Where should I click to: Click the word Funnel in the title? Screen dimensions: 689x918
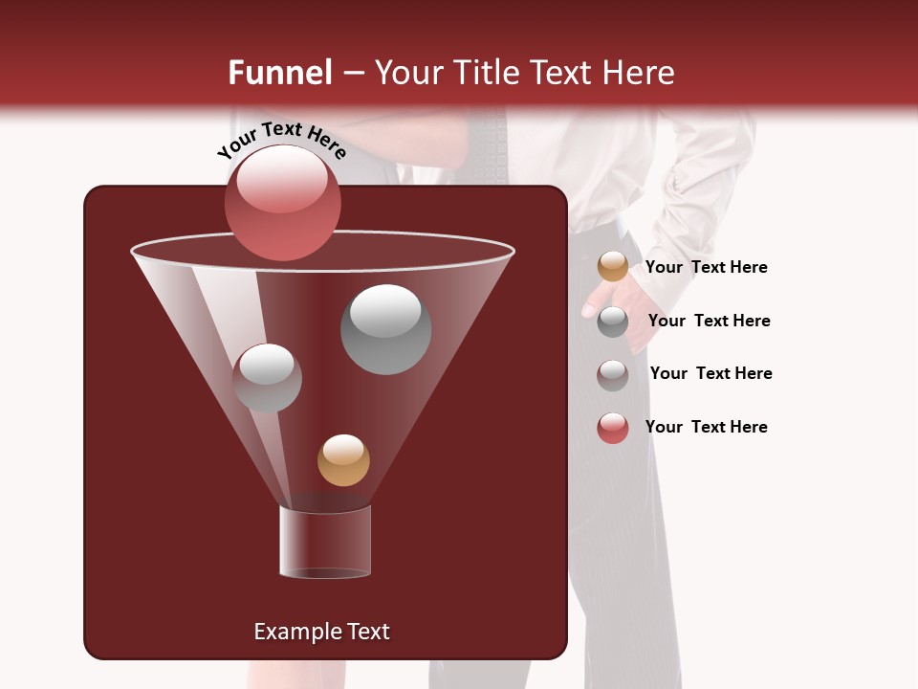point(279,73)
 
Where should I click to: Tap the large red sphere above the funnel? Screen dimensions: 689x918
point(282,202)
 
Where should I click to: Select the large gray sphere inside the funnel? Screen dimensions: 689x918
point(386,329)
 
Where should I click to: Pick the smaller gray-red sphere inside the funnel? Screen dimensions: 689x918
point(267,378)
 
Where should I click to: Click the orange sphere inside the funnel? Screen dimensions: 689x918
point(343,460)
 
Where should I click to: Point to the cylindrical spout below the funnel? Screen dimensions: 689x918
point(325,542)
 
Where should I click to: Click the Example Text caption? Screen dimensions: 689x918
point(321,632)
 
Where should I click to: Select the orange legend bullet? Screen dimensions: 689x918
point(613,267)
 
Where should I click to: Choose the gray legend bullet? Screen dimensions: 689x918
point(613,322)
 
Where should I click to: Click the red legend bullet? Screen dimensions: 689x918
point(613,428)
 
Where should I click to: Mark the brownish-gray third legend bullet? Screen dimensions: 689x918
point(613,374)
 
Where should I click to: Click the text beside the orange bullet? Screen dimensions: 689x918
point(706,267)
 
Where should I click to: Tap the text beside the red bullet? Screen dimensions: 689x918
point(706,427)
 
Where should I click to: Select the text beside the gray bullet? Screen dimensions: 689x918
point(709,321)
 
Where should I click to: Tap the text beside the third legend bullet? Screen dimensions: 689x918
point(710,373)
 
